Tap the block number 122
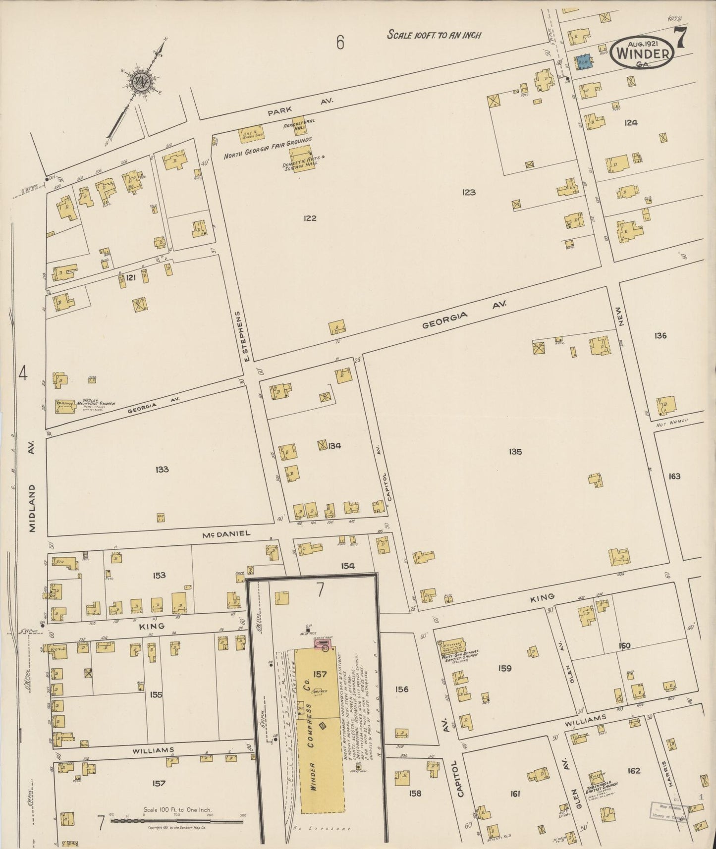[x=310, y=218]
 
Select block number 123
[x=468, y=192]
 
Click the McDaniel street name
[x=226, y=533]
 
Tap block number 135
[x=515, y=452]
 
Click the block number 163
[x=674, y=477]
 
